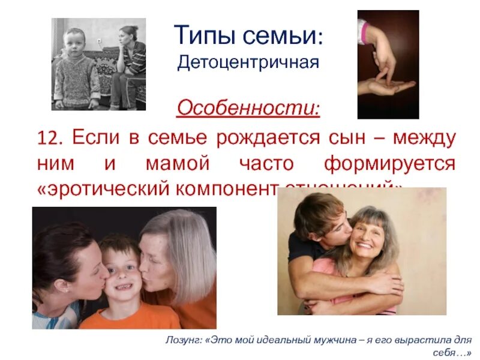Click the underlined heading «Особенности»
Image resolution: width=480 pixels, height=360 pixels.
[x=248, y=109]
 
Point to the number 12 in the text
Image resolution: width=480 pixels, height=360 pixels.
[x=51, y=139]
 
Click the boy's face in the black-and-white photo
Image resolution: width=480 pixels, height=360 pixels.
[x=74, y=43]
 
